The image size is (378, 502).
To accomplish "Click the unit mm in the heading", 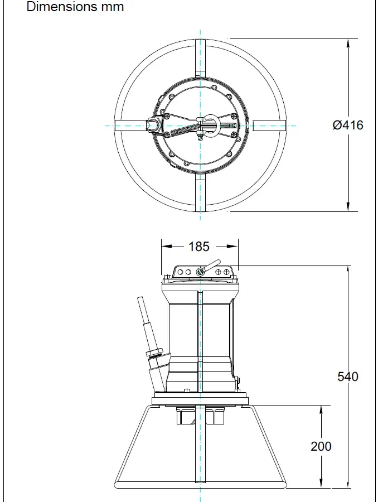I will (110, 7).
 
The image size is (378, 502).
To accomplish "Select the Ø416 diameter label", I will (347, 125).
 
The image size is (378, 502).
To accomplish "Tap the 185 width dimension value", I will (199, 246).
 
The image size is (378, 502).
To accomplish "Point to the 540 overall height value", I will (348, 376).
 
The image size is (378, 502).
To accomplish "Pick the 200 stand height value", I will (321, 446).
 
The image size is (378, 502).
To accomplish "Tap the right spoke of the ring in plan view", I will (269, 126).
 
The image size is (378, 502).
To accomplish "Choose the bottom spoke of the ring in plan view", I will (200, 192).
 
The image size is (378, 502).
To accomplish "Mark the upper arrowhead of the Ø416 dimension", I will (349, 44).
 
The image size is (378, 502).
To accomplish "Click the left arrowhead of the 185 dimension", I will (166, 246).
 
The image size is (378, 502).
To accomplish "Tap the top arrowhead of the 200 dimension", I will (321, 410).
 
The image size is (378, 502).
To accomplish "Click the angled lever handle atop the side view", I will (211, 266).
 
